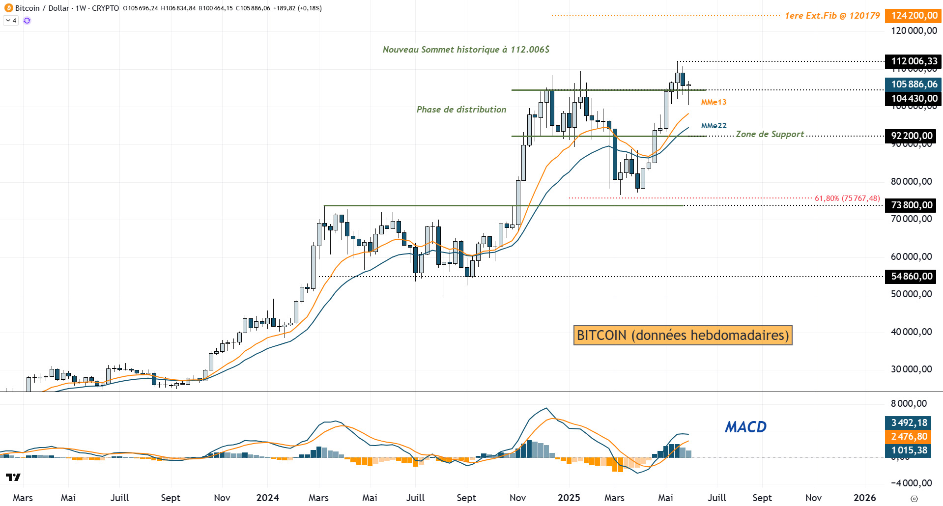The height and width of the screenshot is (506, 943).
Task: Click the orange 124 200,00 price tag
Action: point(914,16)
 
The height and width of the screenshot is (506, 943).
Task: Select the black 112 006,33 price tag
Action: point(914,61)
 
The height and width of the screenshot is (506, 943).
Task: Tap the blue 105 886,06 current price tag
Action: point(914,84)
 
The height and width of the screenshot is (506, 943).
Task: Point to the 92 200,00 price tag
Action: point(911,136)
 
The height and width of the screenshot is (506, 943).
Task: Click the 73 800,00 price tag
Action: point(911,205)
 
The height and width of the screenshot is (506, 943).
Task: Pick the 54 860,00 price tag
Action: point(911,277)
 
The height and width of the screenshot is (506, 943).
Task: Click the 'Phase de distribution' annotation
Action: point(461,110)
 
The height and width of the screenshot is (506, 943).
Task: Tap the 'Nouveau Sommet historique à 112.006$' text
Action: point(466,50)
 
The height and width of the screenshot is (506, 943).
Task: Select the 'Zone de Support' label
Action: point(770,134)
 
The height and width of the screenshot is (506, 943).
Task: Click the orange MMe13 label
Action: point(714,102)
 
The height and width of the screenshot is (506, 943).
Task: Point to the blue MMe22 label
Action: point(714,126)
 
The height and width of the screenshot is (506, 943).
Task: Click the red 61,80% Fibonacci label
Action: point(847,198)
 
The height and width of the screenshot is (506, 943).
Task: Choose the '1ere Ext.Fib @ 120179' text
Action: point(832,16)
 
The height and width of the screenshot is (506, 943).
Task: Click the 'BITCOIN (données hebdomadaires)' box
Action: point(683,336)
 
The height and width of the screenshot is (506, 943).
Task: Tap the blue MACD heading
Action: point(745,427)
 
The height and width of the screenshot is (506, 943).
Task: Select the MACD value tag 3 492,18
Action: point(909,423)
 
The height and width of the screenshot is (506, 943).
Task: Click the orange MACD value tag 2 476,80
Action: point(909,437)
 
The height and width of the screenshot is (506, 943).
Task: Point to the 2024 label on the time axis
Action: point(267,498)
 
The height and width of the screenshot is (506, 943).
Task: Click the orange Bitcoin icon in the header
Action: point(8,8)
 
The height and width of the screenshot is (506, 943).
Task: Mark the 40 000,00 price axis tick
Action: point(911,332)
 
